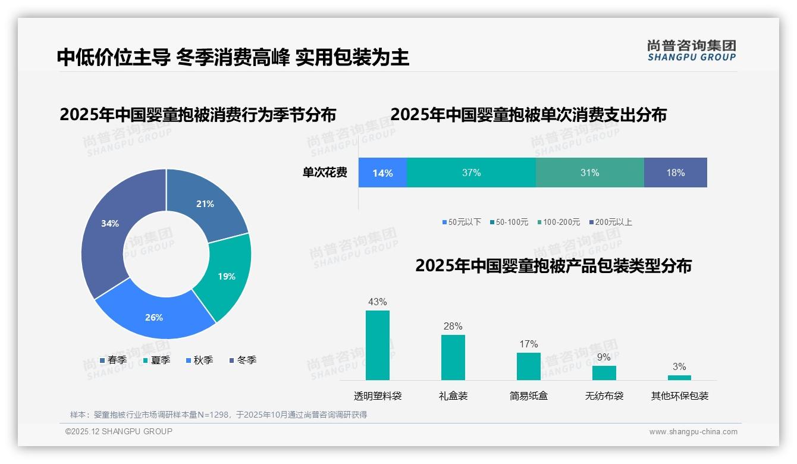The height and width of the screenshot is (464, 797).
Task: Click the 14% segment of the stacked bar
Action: pos(382,173)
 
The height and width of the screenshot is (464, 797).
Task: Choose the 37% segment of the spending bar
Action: pos(471,173)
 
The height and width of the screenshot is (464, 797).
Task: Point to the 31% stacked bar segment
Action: pos(589,173)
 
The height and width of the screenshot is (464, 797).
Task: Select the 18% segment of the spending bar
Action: pos(675,173)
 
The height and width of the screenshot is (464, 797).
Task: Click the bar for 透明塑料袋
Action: pos(378,345)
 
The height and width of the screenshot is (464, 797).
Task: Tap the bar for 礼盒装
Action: pos(453,358)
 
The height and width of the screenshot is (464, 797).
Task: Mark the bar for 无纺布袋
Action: pos(604,373)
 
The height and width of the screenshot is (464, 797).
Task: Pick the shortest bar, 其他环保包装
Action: pos(679,378)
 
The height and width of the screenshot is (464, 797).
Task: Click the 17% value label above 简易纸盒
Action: pos(528,344)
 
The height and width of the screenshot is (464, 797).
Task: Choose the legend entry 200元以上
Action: pos(613,222)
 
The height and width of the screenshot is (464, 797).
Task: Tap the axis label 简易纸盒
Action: pos(528,396)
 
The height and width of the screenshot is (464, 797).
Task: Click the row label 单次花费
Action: pos(325,173)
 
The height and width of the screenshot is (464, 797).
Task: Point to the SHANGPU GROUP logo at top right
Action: pos(691,51)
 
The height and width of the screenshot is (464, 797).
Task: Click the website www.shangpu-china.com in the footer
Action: pos(693,432)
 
